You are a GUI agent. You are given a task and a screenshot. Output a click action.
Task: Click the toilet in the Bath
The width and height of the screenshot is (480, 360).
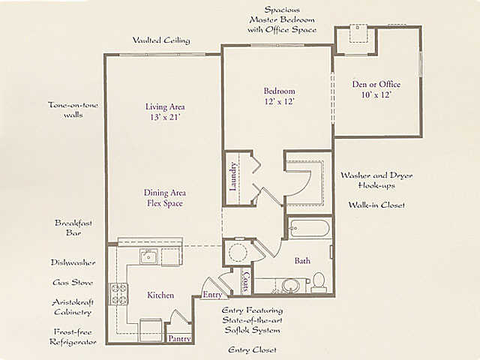(x=319, y=283)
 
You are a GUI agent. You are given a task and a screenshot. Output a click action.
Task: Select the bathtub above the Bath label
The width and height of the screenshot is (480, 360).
(x=310, y=228)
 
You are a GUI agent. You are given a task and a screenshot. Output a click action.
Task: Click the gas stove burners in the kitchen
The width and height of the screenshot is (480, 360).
(x=119, y=294)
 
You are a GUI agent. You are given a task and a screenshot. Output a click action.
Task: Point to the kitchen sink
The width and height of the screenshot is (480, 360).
(x=148, y=256)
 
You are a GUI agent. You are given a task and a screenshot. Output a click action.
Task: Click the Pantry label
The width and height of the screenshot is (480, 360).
(x=179, y=338)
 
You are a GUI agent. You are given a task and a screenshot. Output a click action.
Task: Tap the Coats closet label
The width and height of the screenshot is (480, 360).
(x=246, y=282)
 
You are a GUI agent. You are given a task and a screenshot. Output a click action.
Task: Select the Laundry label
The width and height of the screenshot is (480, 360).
(x=233, y=177)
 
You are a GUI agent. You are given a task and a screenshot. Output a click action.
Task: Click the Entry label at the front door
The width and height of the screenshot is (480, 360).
(x=212, y=295)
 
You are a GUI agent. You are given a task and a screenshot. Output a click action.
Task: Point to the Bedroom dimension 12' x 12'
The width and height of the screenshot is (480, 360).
(x=279, y=101)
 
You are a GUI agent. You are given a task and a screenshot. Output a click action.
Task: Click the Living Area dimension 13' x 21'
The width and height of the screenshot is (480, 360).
(x=165, y=117)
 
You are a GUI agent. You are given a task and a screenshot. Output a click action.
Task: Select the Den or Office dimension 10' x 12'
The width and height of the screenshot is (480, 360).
(x=376, y=94)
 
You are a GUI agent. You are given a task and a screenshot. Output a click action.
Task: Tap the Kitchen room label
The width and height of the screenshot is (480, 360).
(x=160, y=295)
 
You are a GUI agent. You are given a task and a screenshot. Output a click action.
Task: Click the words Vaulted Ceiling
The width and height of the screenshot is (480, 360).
(x=161, y=40)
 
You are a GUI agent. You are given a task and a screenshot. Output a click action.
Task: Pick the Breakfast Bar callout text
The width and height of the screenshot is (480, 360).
(x=73, y=228)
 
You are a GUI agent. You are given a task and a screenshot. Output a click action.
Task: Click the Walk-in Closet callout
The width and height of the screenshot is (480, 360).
(x=376, y=205)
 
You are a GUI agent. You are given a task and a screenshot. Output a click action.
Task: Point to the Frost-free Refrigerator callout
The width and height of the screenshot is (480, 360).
(x=73, y=337)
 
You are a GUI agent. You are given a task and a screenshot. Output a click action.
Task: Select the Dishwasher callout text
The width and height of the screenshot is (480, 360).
(x=73, y=262)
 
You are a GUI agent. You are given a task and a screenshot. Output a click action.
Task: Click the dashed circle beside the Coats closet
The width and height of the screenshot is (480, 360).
(x=238, y=253)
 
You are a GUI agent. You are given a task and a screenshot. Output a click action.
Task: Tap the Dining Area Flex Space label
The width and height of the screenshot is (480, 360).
(x=165, y=198)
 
